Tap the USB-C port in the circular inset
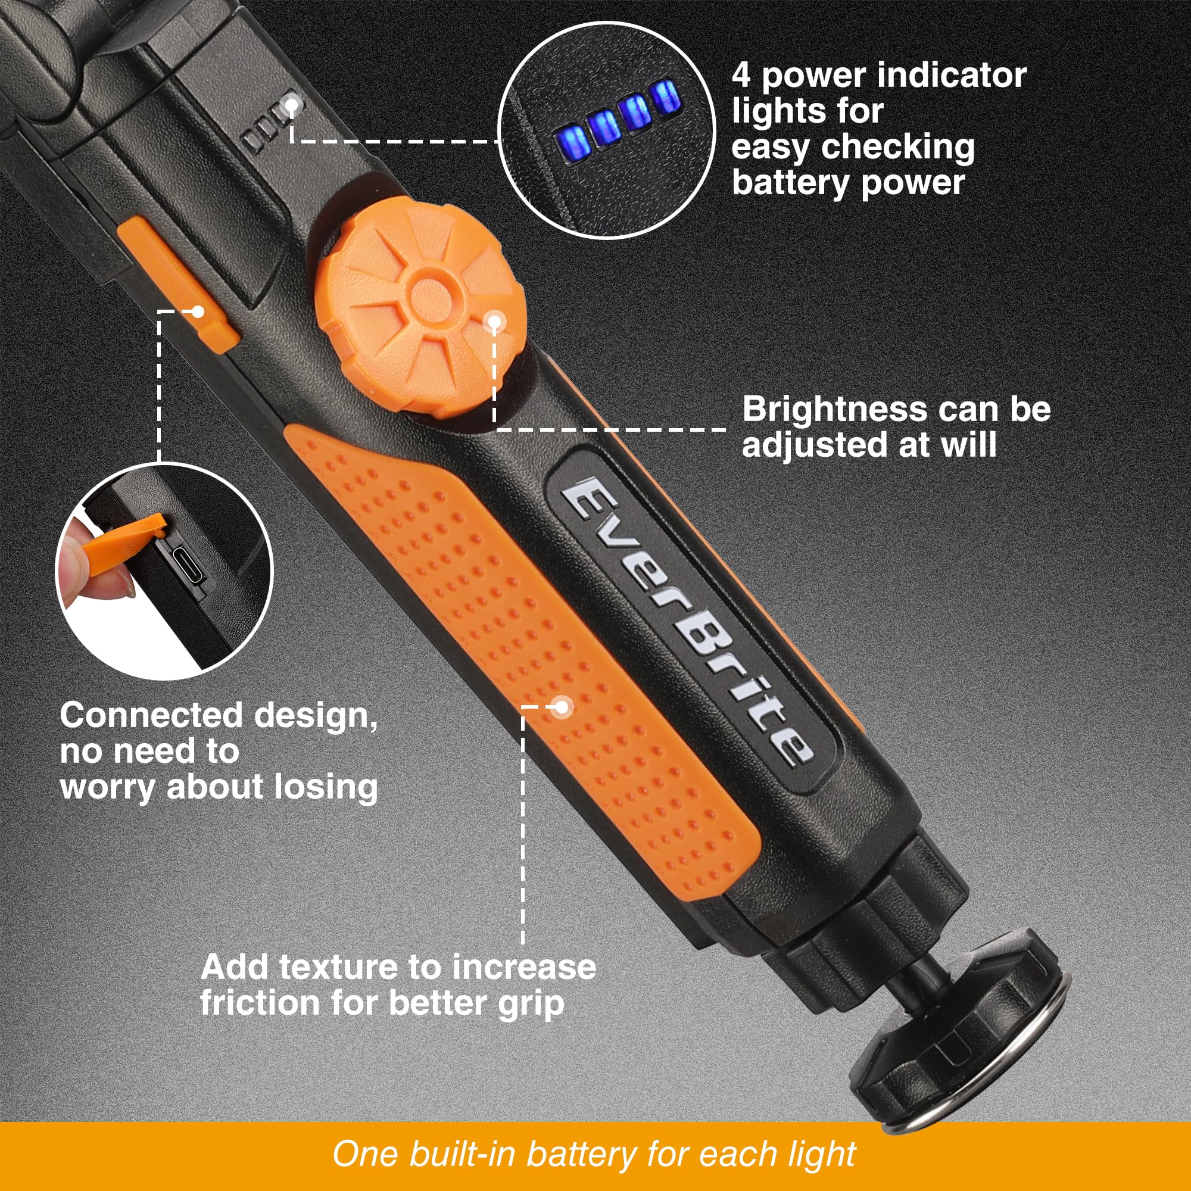[188, 565]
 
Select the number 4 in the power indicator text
[741, 76]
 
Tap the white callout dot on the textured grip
[561, 706]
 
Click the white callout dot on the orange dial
[494, 321]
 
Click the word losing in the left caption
[326, 787]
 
